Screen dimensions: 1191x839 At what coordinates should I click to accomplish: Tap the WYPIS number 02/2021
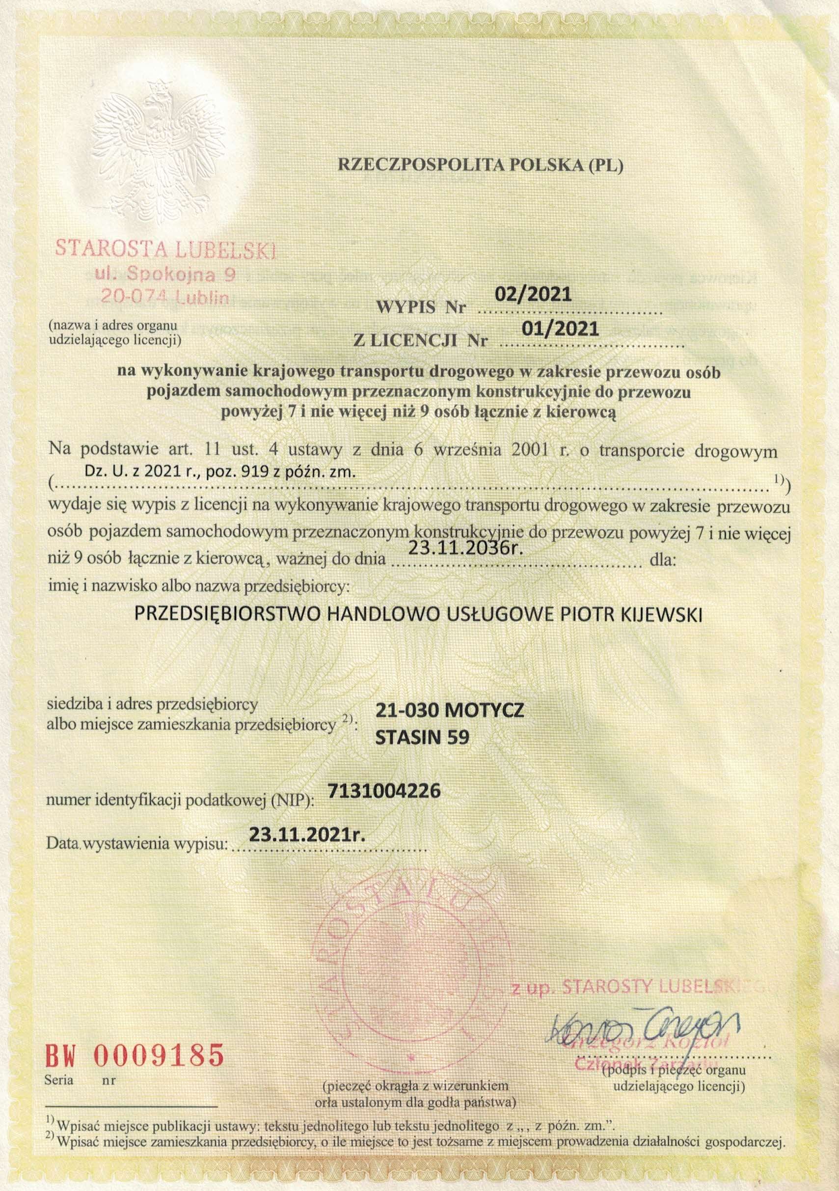coord(533,295)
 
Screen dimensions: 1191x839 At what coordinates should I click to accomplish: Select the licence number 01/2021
coord(561,329)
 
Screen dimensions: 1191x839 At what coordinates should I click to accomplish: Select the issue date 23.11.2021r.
coord(307,834)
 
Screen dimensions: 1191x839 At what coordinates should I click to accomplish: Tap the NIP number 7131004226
coord(384,791)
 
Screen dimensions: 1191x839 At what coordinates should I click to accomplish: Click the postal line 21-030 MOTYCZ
coord(449,710)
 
